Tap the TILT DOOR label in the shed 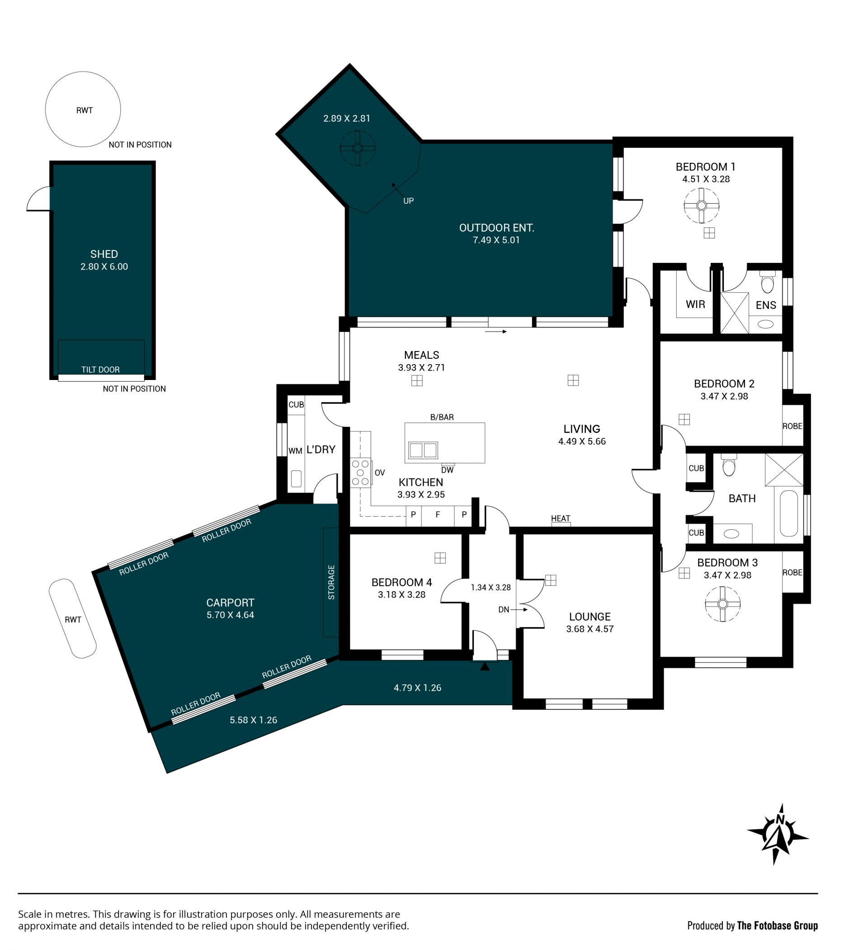click(x=100, y=370)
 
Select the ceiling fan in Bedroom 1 click(x=701, y=205)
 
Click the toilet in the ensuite click(x=767, y=282)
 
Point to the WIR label click(x=695, y=304)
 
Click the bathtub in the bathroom click(x=789, y=513)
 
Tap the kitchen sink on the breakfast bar click(x=423, y=450)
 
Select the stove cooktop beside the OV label click(x=361, y=473)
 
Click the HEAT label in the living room click(x=561, y=518)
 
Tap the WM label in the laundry click(x=295, y=451)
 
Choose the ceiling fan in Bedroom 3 click(x=722, y=604)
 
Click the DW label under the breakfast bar click(x=448, y=470)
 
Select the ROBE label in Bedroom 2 click(x=792, y=426)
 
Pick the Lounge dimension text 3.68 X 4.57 click(x=590, y=629)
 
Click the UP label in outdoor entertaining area click(x=408, y=201)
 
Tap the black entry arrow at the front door click(x=485, y=666)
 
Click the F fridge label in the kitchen click(x=438, y=515)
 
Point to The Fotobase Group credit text click(x=777, y=926)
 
